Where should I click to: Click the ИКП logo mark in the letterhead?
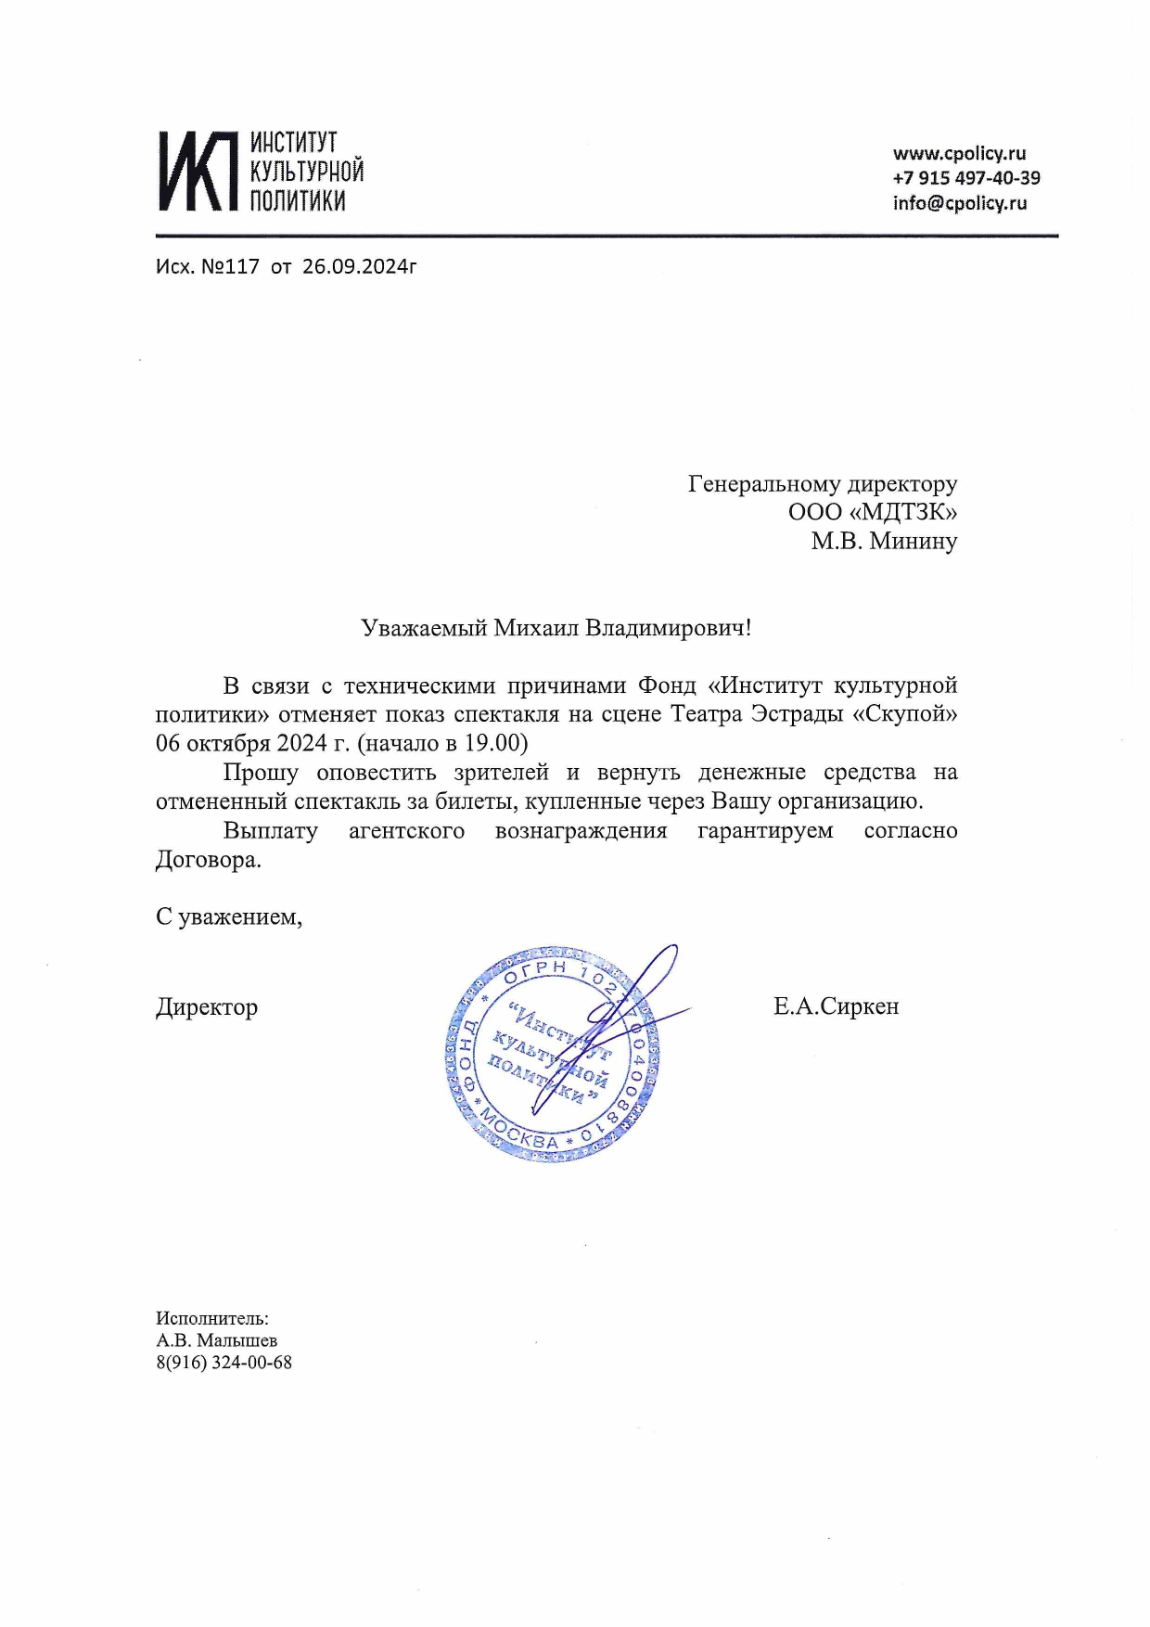pyautogui.click(x=194, y=171)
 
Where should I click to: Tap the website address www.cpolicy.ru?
pyautogui.click(x=959, y=154)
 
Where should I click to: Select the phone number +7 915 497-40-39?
pyautogui.click(x=965, y=178)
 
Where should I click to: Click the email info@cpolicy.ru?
pyautogui.click(x=960, y=203)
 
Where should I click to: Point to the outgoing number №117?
pyautogui.click(x=230, y=267)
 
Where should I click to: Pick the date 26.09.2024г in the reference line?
pyautogui.click(x=359, y=267)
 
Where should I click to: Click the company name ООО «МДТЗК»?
pyautogui.click(x=872, y=512)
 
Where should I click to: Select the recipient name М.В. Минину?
pyautogui.click(x=883, y=541)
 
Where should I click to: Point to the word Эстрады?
pyautogui.click(x=797, y=714)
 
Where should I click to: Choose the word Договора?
pyautogui.click(x=208, y=860)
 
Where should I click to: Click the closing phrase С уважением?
pyautogui.click(x=228, y=917)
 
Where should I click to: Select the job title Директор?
pyautogui.click(x=207, y=1007)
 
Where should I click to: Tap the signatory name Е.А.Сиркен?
pyautogui.click(x=836, y=1006)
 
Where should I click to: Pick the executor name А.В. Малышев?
pyautogui.click(x=216, y=1340)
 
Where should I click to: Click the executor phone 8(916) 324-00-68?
pyautogui.click(x=224, y=1363)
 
